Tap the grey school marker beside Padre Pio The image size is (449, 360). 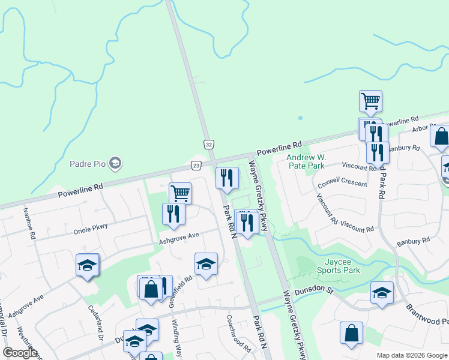click(x=116, y=163)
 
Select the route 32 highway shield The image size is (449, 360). click(x=208, y=145)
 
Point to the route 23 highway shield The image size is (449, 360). click(x=196, y=164)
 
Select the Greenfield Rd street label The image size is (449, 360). click(x=179, y=292)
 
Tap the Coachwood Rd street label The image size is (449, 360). click(x=238, y=334)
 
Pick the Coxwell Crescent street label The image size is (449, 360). click(x=342, y=182)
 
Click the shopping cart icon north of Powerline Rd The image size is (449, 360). click(x=370, y=101)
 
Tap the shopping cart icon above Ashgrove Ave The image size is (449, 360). click(x=180, y=193)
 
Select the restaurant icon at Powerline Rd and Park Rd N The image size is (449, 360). click(x=227, y=178)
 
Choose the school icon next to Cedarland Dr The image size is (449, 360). click(x=87, y=265)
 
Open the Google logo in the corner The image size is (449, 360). click(x=20, y=353)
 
